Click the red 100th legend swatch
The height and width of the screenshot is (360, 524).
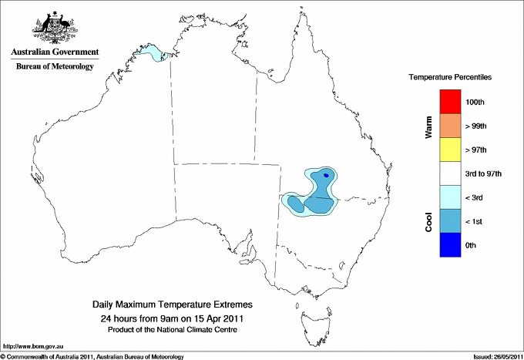pyautogui.click(x=450, y=102)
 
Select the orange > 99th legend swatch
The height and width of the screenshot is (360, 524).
pyautogui.click(x=450, y=126)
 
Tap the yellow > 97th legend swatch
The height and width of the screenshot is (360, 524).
pyautogui.click(x=450, y=150)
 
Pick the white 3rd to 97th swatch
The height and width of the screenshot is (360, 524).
pyautogui.click(x=450, y=173)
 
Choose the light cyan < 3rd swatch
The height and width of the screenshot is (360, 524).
pyautogui.click(x=450, y=197)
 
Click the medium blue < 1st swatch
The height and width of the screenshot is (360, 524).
pyautogui.click(x=450, y=221)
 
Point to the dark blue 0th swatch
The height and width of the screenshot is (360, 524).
pyautogui.click(x=450, y=245)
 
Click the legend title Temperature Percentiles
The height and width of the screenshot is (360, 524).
pyautogui.click(x=450, y=78)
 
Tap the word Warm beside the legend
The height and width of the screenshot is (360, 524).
pyautogui.click(x=428, y=127)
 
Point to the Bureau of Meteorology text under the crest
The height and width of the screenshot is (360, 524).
pyautogui.click(x=55, y=67)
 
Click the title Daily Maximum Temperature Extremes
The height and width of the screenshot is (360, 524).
pyautogui.click(x=173, y=305)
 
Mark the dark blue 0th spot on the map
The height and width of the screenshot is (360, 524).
pyautogui.click(x=327, y=175)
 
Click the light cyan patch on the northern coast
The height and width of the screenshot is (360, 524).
pyautogui.click(x=156, y=54)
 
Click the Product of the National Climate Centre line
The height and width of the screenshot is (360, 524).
pyautogui.click(x=173, y=329)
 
